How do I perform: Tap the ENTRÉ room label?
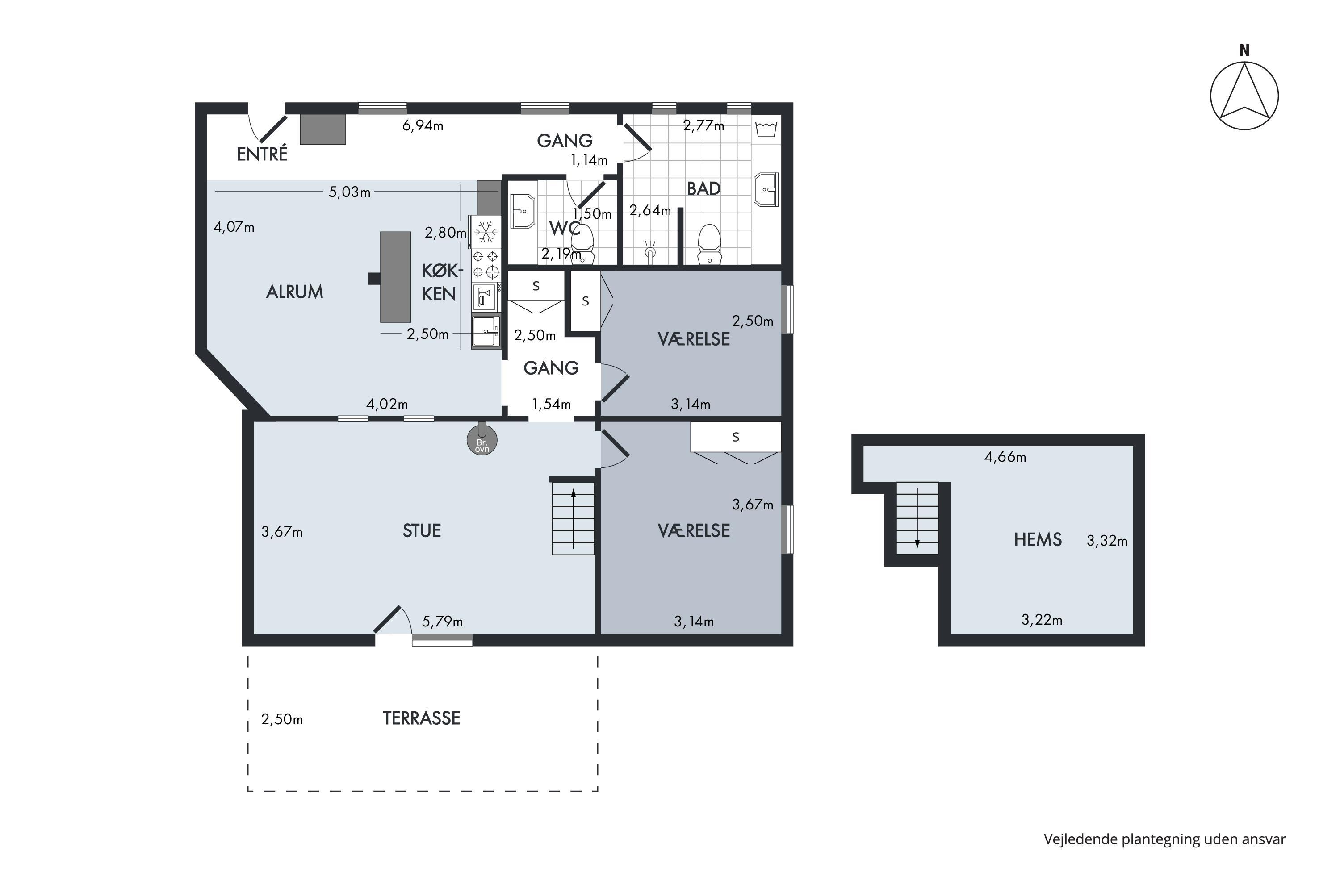coord(262,154)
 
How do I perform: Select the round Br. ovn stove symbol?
coord(482,440)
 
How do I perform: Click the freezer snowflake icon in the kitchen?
coord(486,232)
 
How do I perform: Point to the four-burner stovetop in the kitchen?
coord(486,264)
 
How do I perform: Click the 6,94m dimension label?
coord(423,125)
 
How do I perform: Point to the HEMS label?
coord(1038,539)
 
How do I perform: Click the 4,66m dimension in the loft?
coord(1005,457)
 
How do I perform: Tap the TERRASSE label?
coord(422,718)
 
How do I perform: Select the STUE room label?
coord(422,531)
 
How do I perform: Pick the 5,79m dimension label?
coord(442,622)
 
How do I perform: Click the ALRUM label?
coord(294,292)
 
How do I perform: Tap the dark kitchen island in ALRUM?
coord(395,277)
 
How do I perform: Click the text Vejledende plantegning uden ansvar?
coord(1164,839)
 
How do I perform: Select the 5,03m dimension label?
coord(349,192)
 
